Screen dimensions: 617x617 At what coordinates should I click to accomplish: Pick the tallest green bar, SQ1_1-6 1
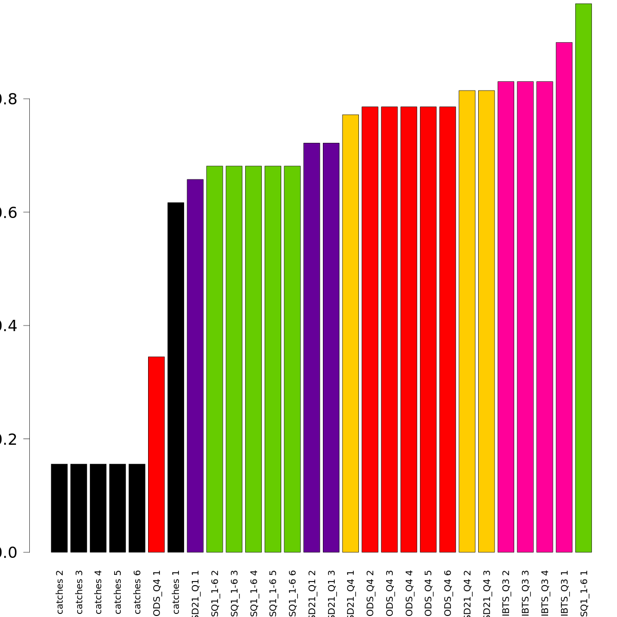click(x=584, y=278)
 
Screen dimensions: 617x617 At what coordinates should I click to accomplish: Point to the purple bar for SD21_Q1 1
click(x=195, y=366)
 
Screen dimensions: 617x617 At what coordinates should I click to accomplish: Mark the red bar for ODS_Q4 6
click(x=448, y=330)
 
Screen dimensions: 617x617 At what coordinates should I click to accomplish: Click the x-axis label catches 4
click(x=98, y=591)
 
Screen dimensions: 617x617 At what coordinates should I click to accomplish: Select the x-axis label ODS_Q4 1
click(x=157, y=594)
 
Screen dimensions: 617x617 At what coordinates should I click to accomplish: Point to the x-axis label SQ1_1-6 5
click(x=273, y=594)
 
